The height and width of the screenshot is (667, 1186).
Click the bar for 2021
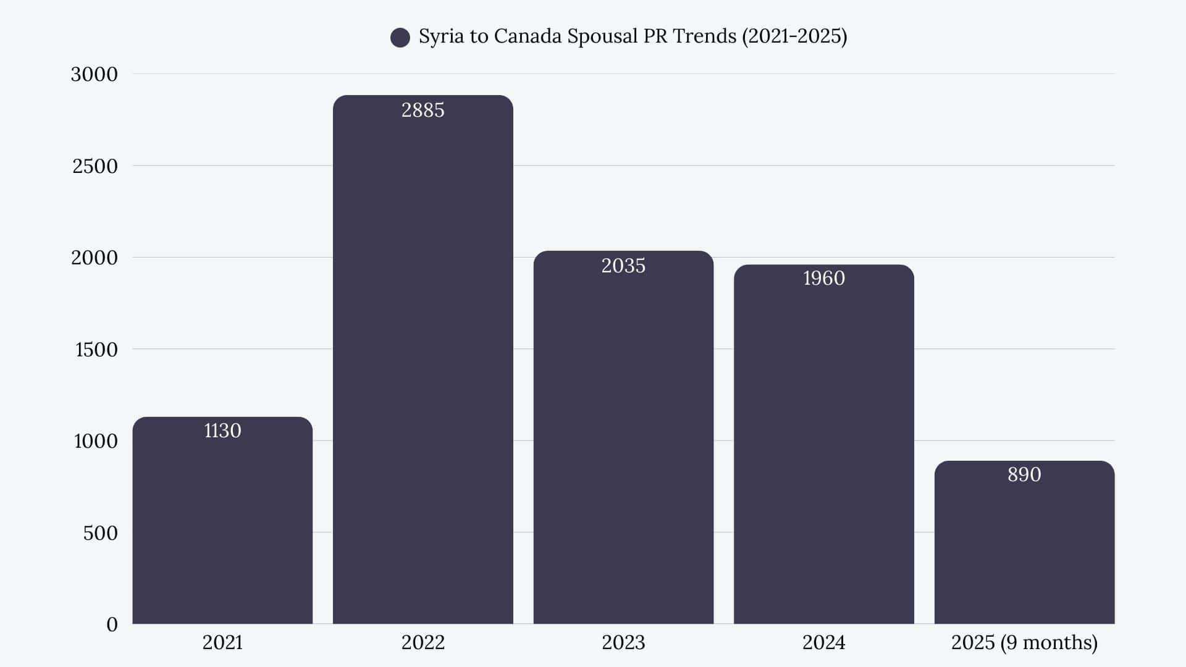point(222,525)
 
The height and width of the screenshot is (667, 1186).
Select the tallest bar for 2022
point(423,371)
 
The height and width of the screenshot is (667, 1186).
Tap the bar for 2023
point(623,445)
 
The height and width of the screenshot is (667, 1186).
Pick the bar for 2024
point(823,451)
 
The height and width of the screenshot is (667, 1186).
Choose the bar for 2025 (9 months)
point(1024,550)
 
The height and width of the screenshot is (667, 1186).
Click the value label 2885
point(423,110)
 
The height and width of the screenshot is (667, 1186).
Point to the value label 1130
point(222,430)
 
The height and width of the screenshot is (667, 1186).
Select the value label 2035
point(623,266)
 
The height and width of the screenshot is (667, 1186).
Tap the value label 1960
point(823,278)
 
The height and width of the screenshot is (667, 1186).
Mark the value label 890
point(1024,474)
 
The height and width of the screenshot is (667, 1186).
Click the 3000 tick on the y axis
point(94,74)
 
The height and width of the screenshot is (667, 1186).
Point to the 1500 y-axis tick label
point(96,350)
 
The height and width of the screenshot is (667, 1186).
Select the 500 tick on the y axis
point(100,533)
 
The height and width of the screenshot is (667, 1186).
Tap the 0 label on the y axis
point(112,624)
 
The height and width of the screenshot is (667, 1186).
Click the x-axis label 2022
point(423,642)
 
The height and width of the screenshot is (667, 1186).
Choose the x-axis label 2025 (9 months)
point(1024,642)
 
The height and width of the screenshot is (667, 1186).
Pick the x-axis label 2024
point(823,642)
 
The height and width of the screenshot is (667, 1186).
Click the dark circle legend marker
point(400,38)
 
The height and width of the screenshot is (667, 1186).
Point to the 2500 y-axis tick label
point(95,166)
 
